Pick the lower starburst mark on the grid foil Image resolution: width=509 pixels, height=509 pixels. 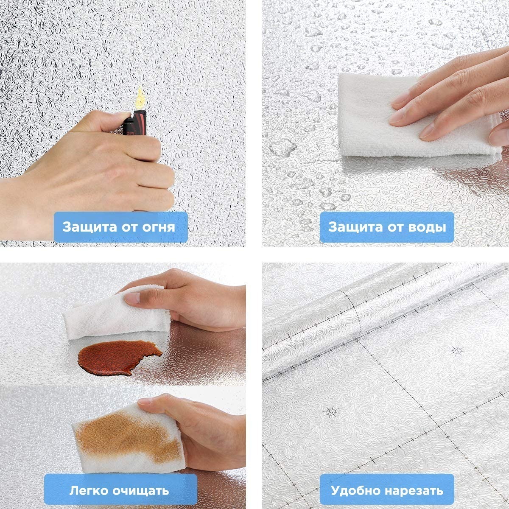tap(331, 412)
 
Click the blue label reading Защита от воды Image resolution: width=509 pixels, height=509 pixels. tap(387, 227)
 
